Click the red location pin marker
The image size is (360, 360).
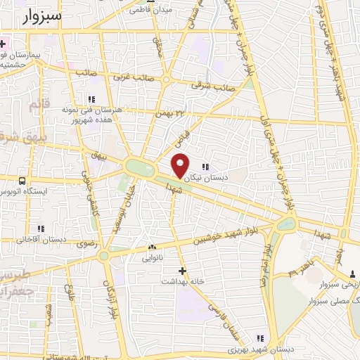pyautogui.click(x=181, y=165)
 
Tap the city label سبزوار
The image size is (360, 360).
pyautogui.click(x=37, y=15)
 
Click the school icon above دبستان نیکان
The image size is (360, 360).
pyautogui.click(x=205, y=167)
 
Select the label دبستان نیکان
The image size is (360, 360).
pyautogui.click(x=206, y=178)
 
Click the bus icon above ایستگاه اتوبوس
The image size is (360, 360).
pyautogui.click(x=22, y=181)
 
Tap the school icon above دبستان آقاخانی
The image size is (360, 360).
pyautogui.click(x=40, y=229)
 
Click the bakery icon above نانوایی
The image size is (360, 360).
pyautogui.click(x=152, y=247)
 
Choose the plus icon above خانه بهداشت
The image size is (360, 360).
pyautogui.click(x=183, y=270)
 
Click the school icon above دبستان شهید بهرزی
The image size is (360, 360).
pyautogui.click(x=259, y=338)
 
